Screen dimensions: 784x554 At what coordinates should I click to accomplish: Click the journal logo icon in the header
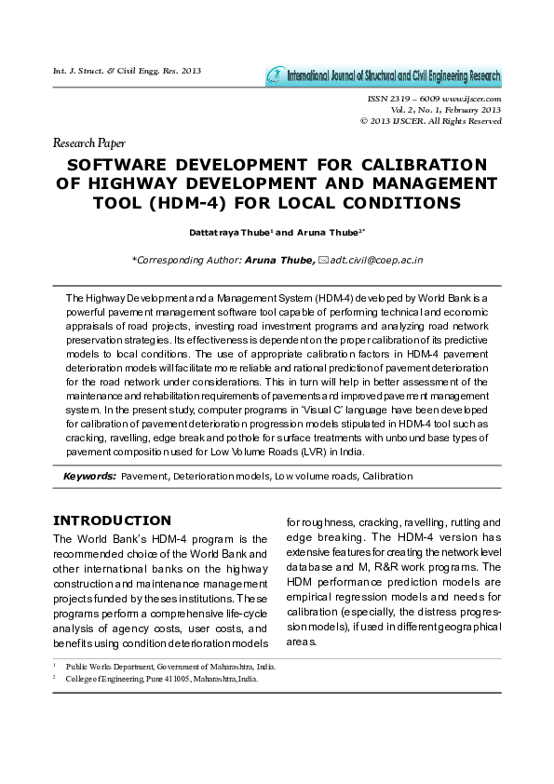(275, 76)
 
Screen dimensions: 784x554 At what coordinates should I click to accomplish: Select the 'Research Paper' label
(89, 143)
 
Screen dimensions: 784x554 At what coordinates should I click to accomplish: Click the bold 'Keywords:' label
(89, 476)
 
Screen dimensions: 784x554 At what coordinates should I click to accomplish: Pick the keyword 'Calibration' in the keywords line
(386, 476)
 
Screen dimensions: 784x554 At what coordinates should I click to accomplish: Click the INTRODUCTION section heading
(112, 520)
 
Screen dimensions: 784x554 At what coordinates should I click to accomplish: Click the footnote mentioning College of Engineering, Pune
(162, 679)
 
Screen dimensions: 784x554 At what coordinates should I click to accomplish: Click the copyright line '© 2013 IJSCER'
(430, 121)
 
